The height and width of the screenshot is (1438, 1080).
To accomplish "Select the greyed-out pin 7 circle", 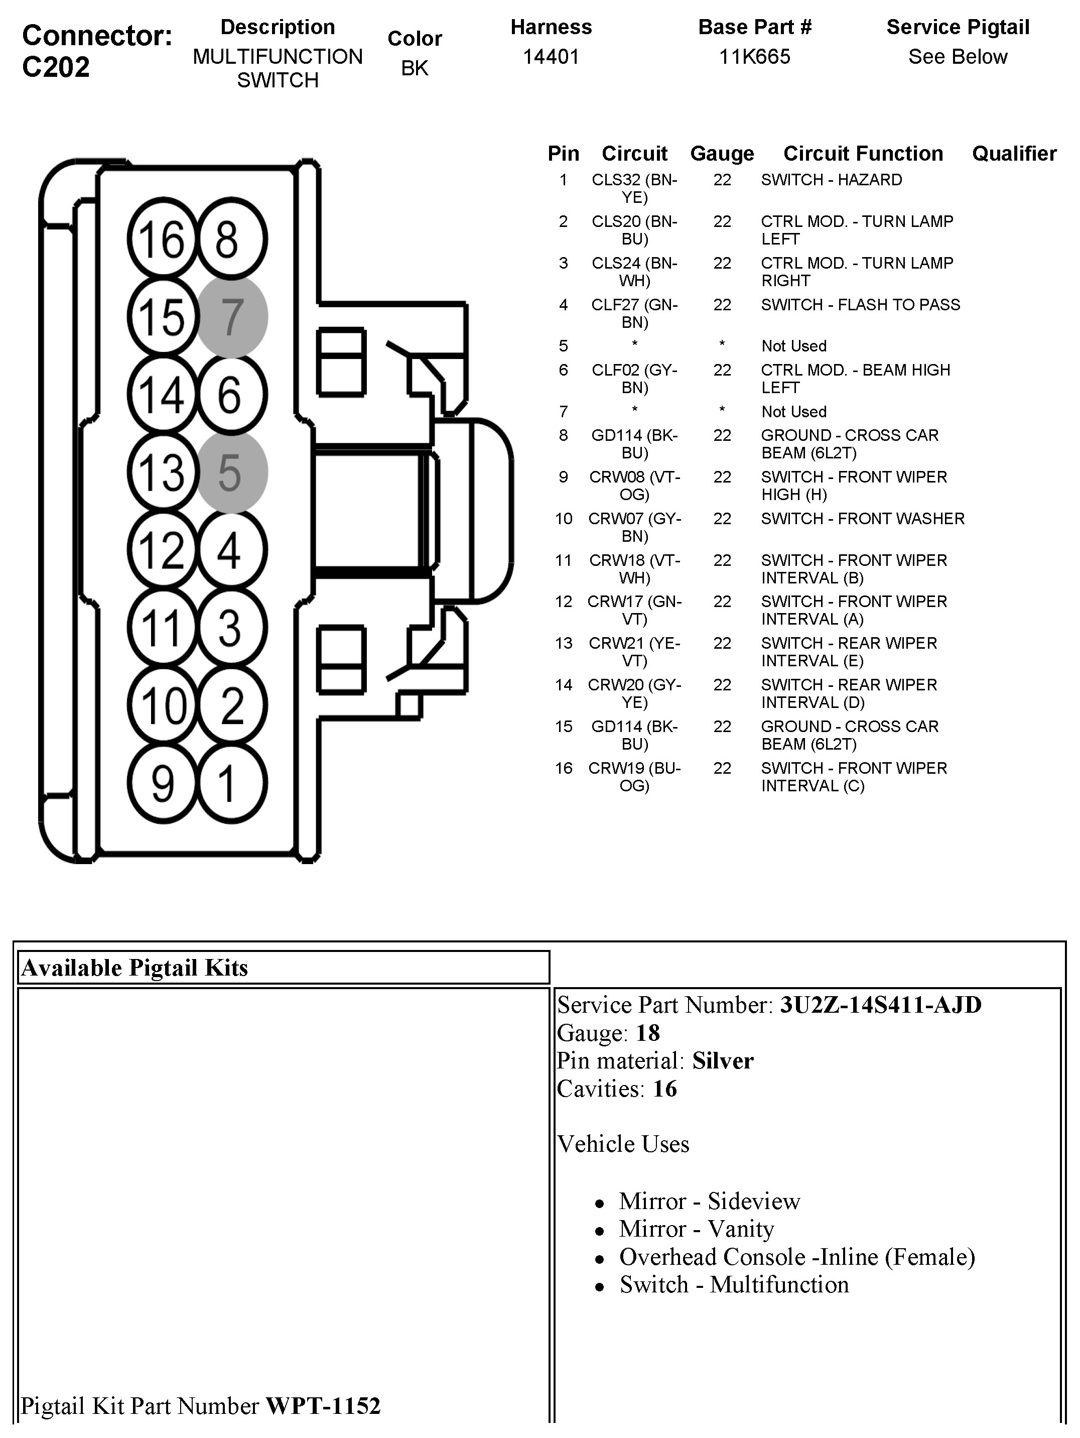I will pyautogui.click(x=232, y=317).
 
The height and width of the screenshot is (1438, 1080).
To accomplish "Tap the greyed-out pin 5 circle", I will pyautogui.click(x=232, y=472).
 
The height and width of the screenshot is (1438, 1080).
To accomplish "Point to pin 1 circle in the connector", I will pyautogui.click(x=232, y=783).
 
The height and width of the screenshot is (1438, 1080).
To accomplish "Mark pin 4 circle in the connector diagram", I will pyautogui.click(x=232, y=550).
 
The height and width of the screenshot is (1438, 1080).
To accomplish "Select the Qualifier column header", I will pyautogui.click(x=1014, y=154).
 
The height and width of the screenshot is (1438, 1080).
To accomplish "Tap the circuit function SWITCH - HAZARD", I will pyautogui.click(x=831, y=180).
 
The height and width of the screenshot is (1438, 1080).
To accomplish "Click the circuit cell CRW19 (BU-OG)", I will pyautogui.click(x=634, y=777).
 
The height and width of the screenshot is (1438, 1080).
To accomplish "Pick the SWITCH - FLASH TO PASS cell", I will pyautogui.click(x=860, y=305).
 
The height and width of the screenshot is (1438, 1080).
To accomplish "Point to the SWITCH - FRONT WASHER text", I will pyautogui.click(x=862, y=519).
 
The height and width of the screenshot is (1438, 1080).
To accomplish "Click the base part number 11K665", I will pyautogui.click(x=754, y=57).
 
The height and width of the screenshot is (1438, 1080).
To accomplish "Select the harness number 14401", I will pyautogui.click(x=551, y=57).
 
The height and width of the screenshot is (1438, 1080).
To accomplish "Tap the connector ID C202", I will pyautogui.click(x=56, y=67).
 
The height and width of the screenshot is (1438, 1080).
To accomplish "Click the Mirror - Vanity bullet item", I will pyautogui.click(x=697, y=1229).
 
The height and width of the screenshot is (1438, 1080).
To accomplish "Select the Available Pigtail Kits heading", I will pyautogui.click(x=134, y=968).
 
